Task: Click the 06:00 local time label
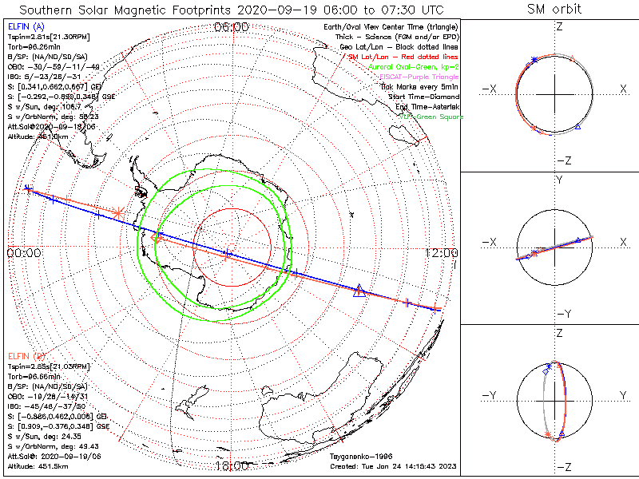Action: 232,27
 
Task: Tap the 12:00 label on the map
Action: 440,253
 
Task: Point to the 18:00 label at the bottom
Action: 232,466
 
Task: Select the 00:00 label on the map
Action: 24,253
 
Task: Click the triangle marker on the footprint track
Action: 359,291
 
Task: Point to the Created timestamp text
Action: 393,466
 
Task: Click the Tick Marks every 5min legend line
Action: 420,87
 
